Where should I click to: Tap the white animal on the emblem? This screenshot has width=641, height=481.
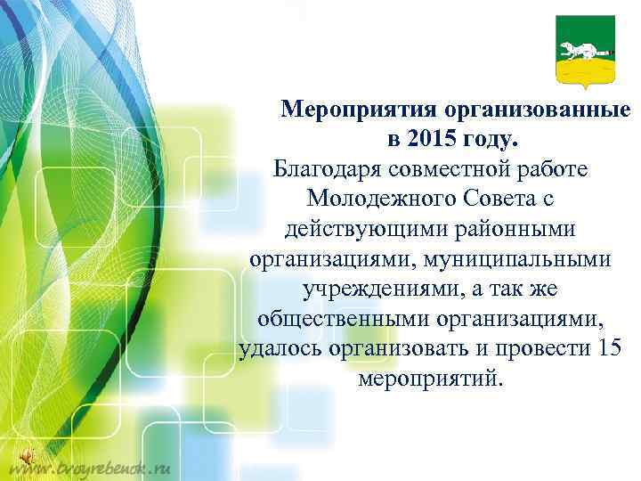click(578, 46)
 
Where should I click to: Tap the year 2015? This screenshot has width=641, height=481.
click(433, 140)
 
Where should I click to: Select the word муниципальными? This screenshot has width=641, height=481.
click(533, 259)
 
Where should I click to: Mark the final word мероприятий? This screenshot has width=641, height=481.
click(430, 379)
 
